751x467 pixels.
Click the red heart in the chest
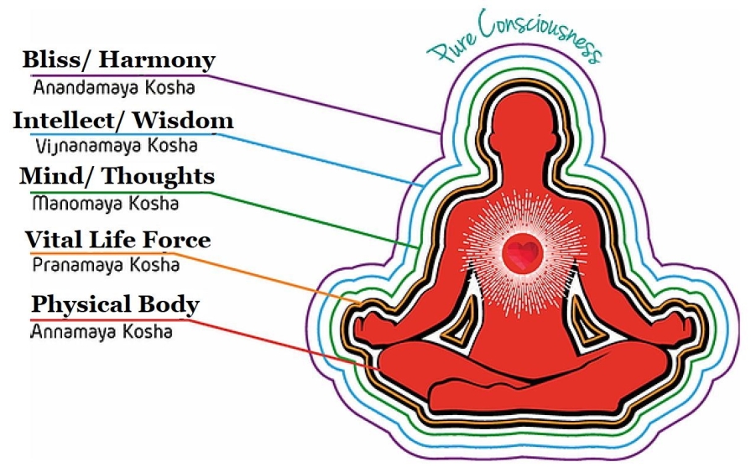pos(523,252)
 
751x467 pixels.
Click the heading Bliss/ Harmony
pos(119,60)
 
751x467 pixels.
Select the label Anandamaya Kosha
pos(114,87)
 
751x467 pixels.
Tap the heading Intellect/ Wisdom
pos(123,120)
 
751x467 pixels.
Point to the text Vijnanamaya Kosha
pos(117,146)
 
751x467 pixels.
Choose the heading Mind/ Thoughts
pos(117,177)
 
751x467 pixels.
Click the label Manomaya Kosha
pos(106,204)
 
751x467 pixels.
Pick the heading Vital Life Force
pos(117,239)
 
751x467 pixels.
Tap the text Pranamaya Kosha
pos(106,265)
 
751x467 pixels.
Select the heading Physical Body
pos(116,305)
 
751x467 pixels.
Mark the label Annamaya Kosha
pos(102,331)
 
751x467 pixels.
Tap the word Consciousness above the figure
pos(541,34)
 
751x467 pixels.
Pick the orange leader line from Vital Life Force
pos(269,278)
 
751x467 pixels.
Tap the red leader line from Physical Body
pos(283,345)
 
